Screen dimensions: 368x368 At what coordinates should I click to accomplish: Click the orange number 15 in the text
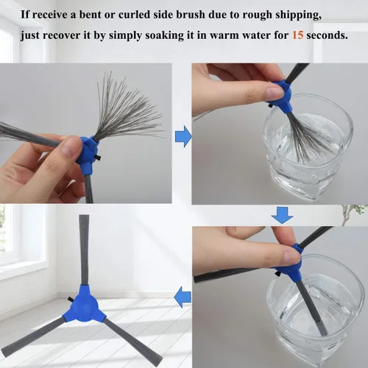(297, 35)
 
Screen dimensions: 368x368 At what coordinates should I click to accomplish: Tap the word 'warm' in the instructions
(225, 35)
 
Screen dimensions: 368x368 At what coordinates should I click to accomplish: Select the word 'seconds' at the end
(327, 35)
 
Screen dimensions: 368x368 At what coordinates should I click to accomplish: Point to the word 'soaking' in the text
(164, 35)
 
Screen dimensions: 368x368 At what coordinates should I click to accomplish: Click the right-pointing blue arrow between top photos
(183, 136)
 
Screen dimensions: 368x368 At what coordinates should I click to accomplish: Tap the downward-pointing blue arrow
(282, 215)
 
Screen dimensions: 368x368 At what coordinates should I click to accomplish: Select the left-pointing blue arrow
(183, 297)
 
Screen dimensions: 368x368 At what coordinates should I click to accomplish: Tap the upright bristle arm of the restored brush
(84, 250)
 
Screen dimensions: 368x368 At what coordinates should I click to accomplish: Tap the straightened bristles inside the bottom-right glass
(312, 307)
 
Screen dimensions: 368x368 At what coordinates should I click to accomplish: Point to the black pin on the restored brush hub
(70, 299)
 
